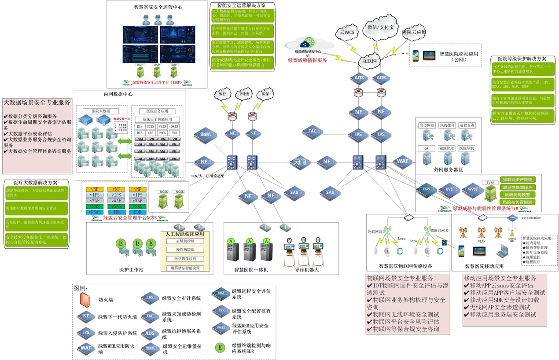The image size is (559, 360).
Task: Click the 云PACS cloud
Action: point(347,32)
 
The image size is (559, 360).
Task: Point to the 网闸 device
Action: point(298,162)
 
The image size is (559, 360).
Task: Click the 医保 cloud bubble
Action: point(265,94)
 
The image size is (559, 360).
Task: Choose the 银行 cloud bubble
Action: point(223,94)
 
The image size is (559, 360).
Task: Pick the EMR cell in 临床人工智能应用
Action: point(174,133)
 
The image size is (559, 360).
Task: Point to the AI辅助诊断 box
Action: point(184,241)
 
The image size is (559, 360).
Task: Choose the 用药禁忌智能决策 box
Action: point(184,268)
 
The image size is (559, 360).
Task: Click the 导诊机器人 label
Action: point(307,270)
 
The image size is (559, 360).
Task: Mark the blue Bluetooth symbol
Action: point(444,242)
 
